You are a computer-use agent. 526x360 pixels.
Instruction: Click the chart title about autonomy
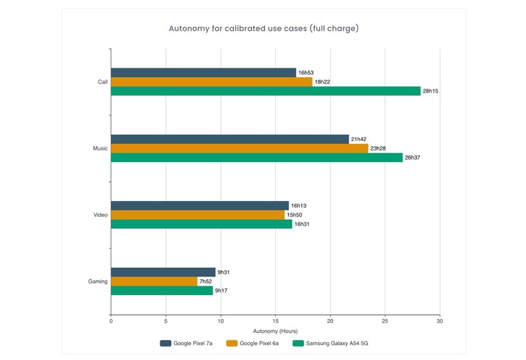click(x=263, y=29)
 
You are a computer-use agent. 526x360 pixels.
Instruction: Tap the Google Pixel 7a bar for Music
click(x=230, y=139)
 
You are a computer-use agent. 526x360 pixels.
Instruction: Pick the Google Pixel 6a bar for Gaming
click(x=154, y=282)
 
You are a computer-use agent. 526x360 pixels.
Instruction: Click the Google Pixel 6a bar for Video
click(x=197, y=215)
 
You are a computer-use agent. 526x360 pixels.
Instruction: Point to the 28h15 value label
click(x=430, y=91)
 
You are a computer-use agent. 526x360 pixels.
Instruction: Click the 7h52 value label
click(x=206, y=282)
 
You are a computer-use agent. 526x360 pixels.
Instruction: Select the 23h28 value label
click(x=378, y=148)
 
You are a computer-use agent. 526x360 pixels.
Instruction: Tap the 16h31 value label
click(x=301, y=224)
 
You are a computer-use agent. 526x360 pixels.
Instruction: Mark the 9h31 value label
click(x=224, y=272)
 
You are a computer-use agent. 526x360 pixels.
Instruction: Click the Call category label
click(x=103, y=82)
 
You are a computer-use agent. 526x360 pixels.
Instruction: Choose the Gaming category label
click(x=98, y=282)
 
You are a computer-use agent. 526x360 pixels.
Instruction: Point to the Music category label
click(x=100, y=148)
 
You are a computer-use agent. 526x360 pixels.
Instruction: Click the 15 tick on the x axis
click(x=276, y=322)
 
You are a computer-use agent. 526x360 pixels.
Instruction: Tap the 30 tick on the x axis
click(x=440, y=322)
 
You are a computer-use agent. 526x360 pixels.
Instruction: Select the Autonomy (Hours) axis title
click(x=275, y=331)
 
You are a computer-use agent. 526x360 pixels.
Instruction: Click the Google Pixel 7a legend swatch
click(x=166, y=344)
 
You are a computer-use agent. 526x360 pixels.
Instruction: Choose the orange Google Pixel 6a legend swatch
click(x=231, y=344)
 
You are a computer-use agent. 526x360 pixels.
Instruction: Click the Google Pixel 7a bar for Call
click(x=203, y=73)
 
